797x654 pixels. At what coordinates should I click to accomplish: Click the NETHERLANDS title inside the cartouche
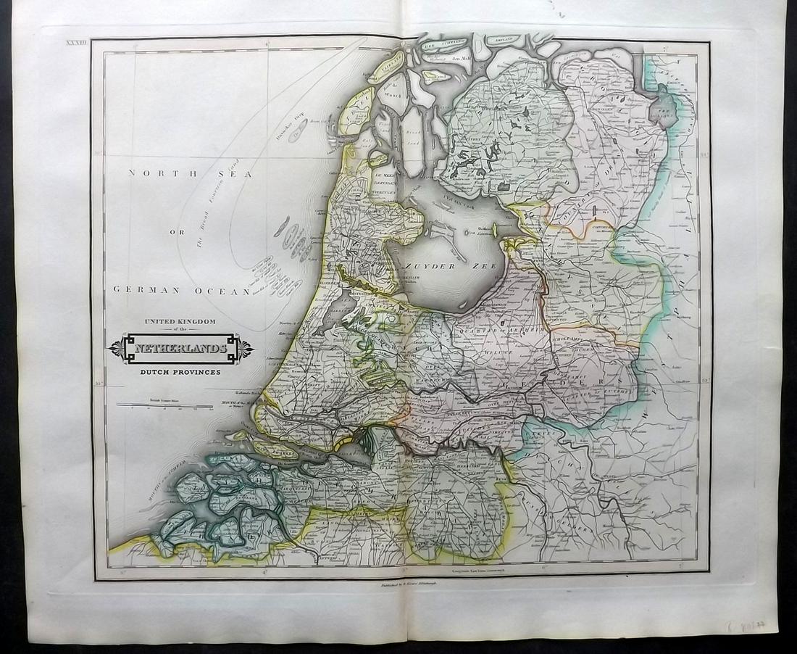click(x=181, y=349)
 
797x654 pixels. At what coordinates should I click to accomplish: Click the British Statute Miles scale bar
click(x=164, y=405)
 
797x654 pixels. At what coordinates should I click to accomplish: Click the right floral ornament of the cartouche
click(x=246, y=349)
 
